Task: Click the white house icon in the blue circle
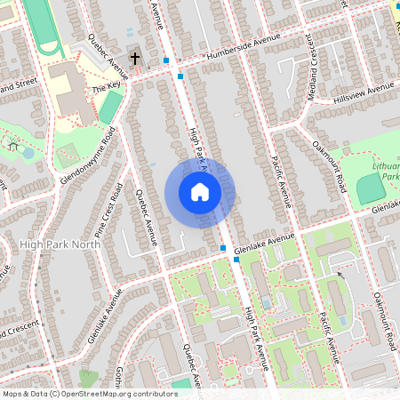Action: pyautogui.click(x=199, y=192)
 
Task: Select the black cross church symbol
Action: pyautogui.click(x=135, y=59)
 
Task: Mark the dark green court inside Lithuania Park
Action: pyautogui.click(x=369, y=187)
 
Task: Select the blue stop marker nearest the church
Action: pyautogui.click(x=166, y=60)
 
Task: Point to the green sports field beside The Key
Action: pyautogui.click(x=110, y=108)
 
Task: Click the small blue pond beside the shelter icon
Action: pyautogui.click(x=28, y=153)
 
